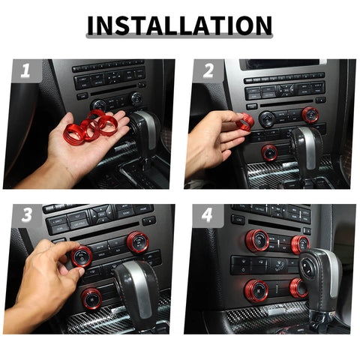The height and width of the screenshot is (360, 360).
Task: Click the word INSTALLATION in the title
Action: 179,25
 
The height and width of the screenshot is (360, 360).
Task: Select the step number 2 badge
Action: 206,71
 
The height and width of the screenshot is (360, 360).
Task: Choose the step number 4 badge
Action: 206,216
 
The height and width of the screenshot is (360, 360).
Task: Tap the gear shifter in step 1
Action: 145,131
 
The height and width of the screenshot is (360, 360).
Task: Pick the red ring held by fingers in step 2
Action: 246,121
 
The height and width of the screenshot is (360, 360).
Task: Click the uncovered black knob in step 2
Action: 267,118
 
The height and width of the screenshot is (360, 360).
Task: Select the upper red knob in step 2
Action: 310,114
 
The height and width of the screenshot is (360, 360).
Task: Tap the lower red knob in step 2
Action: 270,152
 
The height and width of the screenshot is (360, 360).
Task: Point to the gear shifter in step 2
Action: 307,146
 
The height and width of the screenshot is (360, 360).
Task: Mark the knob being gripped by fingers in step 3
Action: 81,256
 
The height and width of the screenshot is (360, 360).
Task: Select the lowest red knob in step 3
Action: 92,298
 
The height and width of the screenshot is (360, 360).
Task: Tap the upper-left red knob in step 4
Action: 257,240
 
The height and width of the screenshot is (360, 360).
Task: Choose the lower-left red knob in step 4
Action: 257,289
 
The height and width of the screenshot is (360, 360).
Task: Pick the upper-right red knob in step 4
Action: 300,244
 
